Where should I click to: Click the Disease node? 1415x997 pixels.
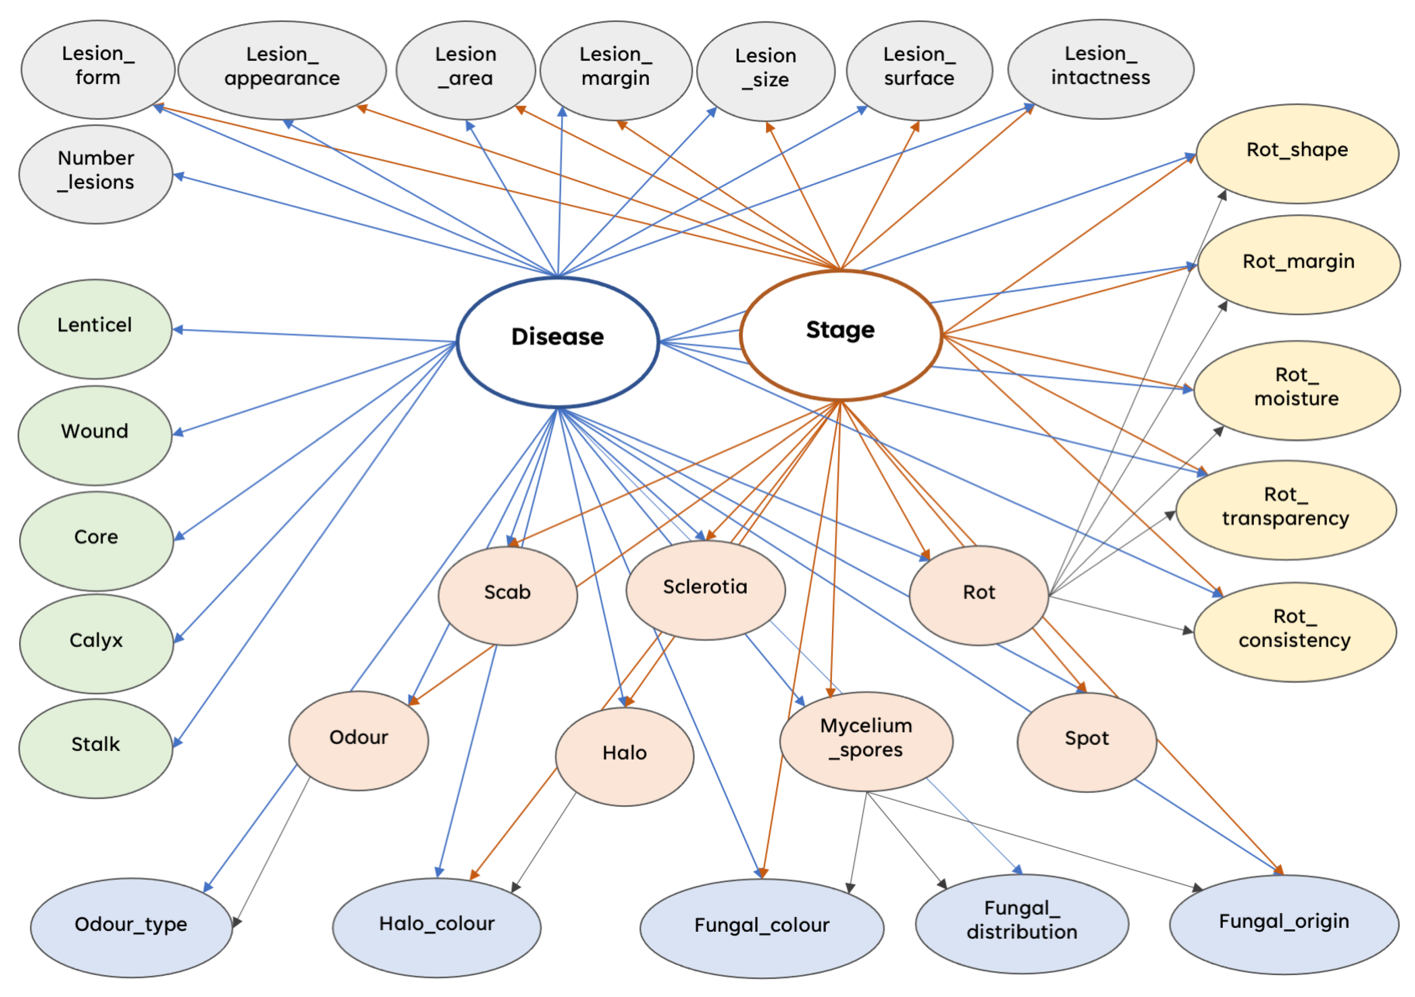(x=558, y=342)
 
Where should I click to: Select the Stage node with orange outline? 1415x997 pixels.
(x=841, y=335)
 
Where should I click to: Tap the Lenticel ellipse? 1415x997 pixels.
(x=95, y=329)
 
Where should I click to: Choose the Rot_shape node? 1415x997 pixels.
(x=1297, y=154)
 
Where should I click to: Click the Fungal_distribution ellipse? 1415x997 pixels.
(x=1022, y=924)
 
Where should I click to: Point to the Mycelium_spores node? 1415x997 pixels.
(x=866, y=741)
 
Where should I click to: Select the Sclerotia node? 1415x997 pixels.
(x=705, y=590)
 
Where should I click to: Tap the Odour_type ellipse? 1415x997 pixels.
(x=131, y=927)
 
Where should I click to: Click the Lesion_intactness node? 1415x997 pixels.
(x=1101, y=69)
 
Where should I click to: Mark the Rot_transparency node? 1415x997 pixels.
(x=1286, y=510)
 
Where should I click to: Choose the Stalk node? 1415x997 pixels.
(x=95, y=749)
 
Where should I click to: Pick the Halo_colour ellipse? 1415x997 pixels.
(x=437, y=927)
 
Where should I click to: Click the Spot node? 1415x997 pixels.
(x=1087, y=742)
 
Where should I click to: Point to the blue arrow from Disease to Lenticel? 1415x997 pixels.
(x=314, y=335)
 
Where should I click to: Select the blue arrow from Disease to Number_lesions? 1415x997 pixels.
(x=365, y=225)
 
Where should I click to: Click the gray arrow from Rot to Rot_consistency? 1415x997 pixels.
(x=1121, y=614)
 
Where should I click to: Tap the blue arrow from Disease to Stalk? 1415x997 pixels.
(x=314, y=545)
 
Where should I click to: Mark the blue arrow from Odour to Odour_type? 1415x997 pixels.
(x=250, y=828)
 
